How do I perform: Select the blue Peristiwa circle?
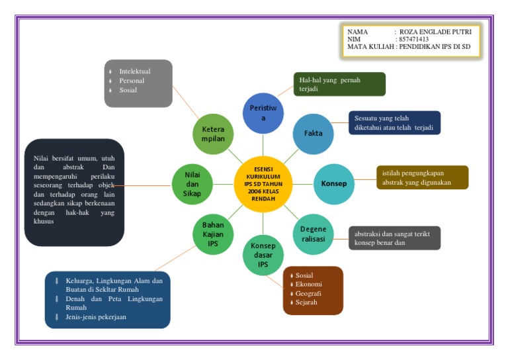point(263,112)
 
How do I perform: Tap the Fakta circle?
point(313,133)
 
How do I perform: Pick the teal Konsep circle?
point(333,183)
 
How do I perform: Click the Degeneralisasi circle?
point(313,234)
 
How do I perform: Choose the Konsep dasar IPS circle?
point(263,255)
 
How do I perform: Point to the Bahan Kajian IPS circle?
point(212,234)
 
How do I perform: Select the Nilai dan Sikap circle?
point(192,183)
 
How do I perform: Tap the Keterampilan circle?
point(212,134)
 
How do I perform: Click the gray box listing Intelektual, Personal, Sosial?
point(138,83)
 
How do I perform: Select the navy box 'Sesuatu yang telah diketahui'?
point(394,123)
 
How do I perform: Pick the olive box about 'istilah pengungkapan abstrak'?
point(422,177)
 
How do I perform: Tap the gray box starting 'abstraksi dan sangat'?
point(394,238)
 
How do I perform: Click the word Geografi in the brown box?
point(308,293)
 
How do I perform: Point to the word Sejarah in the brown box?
point(307,302)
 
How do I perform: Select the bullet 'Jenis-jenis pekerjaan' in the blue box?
point(95,317)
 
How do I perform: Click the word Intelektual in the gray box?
point(135,71)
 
